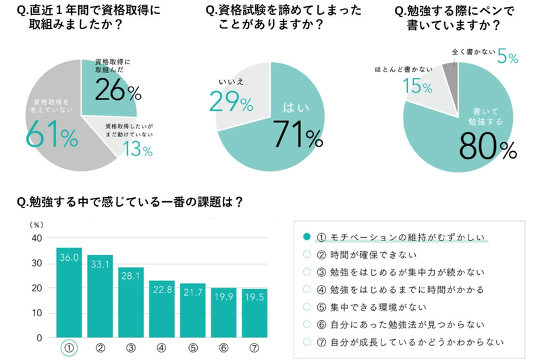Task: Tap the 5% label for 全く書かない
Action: (x=507, y=57)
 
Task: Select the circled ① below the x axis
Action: (x=69, y=349)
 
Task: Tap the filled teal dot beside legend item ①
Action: (x=307, y=237)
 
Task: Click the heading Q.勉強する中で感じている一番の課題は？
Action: (x=128, y=201)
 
